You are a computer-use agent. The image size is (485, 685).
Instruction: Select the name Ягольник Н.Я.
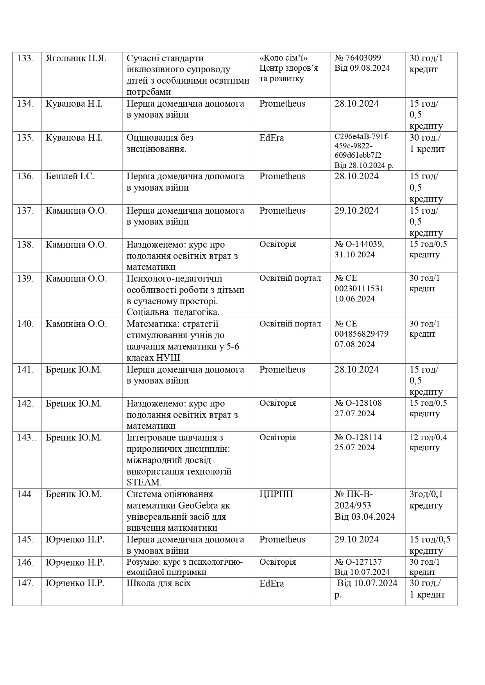pos(76,59)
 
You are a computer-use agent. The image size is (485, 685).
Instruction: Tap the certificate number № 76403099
pos(358,58)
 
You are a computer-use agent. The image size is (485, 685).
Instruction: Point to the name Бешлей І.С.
pos(70,177)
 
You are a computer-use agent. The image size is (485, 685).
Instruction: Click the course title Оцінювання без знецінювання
pos(160,143)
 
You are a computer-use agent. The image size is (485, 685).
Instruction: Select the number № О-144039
pos(359,244)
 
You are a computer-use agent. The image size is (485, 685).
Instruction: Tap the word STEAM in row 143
pos(144,482)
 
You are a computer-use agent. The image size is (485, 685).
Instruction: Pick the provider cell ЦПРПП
pos(276,494)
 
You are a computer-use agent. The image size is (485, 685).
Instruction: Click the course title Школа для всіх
pos(159,583)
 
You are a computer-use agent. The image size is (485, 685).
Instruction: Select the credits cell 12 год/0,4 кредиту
pos(428,442)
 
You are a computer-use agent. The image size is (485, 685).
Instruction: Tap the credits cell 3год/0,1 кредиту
pos(426,500)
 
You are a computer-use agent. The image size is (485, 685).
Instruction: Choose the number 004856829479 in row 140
pos(362,334)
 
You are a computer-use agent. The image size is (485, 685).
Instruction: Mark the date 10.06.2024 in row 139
pos(354,299)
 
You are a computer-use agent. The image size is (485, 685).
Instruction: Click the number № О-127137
pos(358,562)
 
